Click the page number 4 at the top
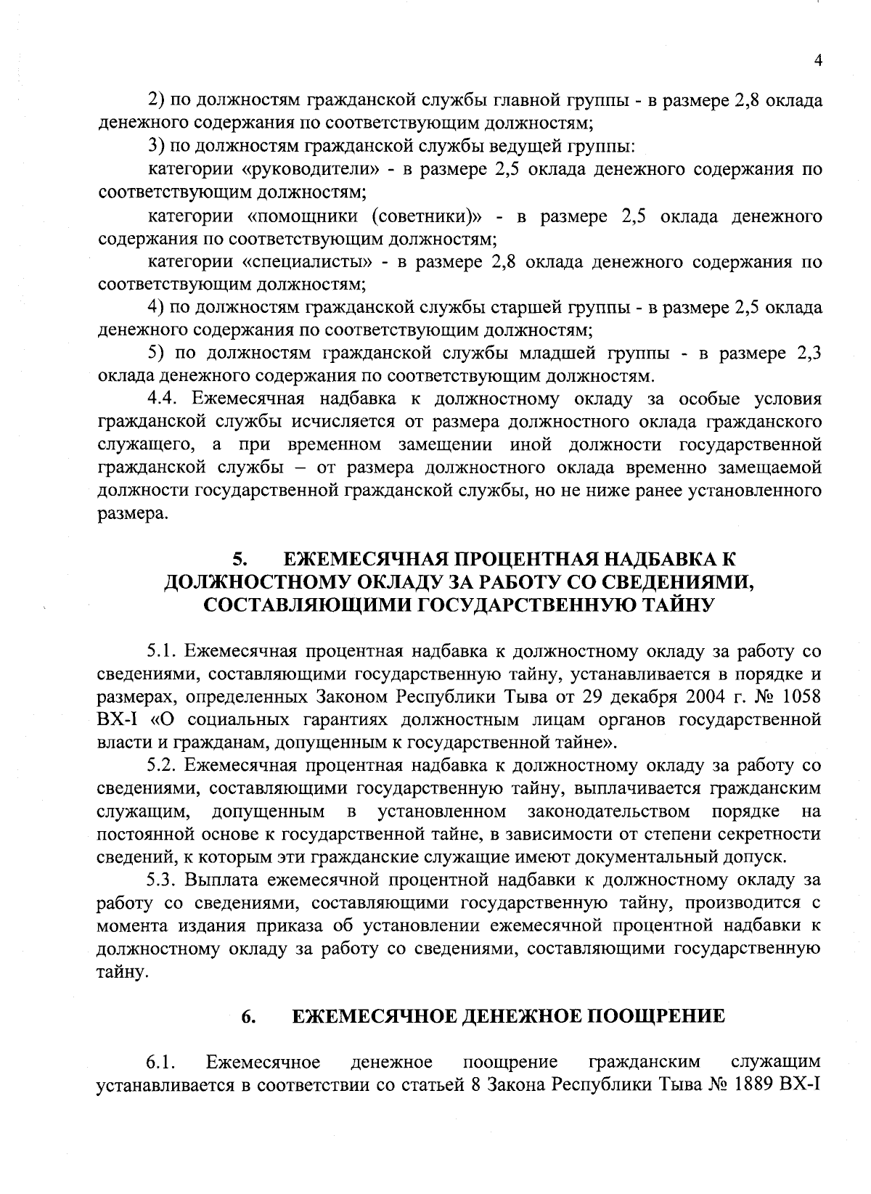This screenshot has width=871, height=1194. pyautogui.click(x=818, y=62)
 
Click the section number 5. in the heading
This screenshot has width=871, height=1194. pyautogui.click(x=240, y=559)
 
